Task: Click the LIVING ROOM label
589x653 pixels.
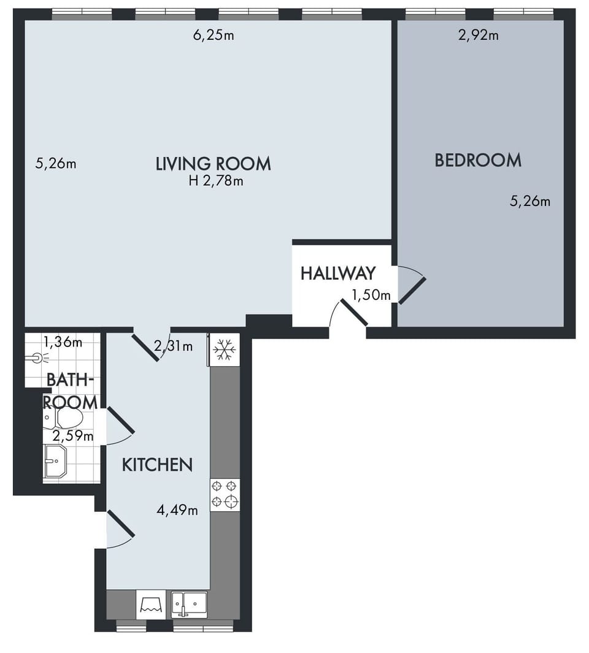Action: coord(213,164)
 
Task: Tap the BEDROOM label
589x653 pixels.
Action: coord(478,161)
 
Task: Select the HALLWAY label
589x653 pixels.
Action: coord(337,273)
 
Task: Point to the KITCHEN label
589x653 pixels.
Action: coord(157,465)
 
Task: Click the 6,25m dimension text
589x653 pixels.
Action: coord(214,35)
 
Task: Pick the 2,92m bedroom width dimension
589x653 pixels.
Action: coord(478,35)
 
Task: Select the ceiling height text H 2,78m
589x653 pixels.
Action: coord(216,181)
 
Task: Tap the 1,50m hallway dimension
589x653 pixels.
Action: coord(371,296)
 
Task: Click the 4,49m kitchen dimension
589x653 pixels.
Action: coord(177,510)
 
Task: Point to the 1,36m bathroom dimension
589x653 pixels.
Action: coord(63,342)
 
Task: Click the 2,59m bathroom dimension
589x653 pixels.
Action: coord(72,437)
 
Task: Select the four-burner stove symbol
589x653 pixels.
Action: coord(225,495)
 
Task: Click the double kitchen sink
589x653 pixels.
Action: coord(189,605)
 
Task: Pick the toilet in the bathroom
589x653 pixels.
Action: coord(65,418)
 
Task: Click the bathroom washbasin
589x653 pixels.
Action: coord(55,460)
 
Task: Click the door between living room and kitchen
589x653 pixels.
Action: coord(147,346)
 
